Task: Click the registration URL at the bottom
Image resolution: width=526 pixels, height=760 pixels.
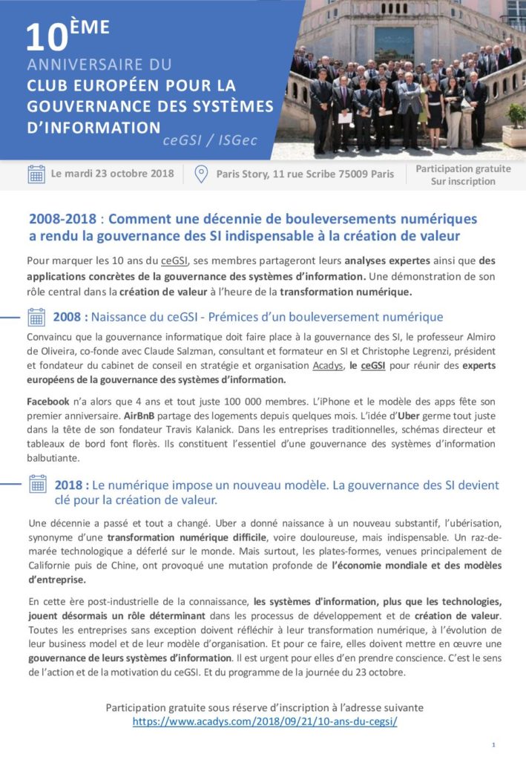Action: [x=265, y=721]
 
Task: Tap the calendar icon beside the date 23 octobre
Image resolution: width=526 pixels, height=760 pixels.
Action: [x=36, y=174]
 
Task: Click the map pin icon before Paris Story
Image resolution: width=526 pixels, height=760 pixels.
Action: [x=200, y=174]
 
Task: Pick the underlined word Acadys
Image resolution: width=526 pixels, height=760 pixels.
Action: [x=327, y=366]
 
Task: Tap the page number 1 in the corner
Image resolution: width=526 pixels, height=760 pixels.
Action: [x=493, y=744]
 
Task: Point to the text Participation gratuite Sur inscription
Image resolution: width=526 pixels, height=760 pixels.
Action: [x=463, y=175]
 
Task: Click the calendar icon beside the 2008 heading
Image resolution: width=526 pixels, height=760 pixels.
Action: [x=36, y=317]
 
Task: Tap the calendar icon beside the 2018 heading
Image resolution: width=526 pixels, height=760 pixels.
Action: [x=37, y=485]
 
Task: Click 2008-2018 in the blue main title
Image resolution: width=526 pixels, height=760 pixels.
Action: [x=64, y=220]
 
